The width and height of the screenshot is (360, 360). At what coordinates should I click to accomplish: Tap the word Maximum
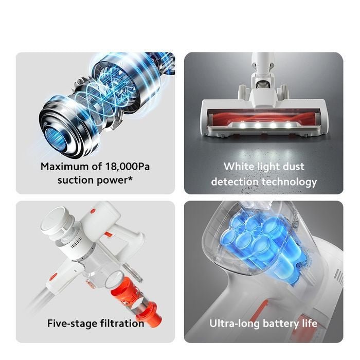tap(64, 167)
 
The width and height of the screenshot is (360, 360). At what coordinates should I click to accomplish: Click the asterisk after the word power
tap(130, 178)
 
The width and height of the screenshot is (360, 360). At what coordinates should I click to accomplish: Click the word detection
tap(235, 182)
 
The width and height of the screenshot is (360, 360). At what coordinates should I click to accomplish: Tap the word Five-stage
tap(73, 323)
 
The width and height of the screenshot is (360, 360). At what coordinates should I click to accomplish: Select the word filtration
tap(122, 323)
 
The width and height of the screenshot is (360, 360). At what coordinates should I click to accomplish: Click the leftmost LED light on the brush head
tap(242, 125)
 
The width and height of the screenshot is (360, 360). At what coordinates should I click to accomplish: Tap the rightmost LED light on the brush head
tap(288, 125)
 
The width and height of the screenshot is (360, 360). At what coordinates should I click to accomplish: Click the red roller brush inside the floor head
tap(264, 116)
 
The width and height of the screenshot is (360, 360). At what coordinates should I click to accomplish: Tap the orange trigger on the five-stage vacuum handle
tap(109, 235)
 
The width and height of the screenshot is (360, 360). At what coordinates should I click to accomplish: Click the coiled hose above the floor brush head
tap(263, 83)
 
